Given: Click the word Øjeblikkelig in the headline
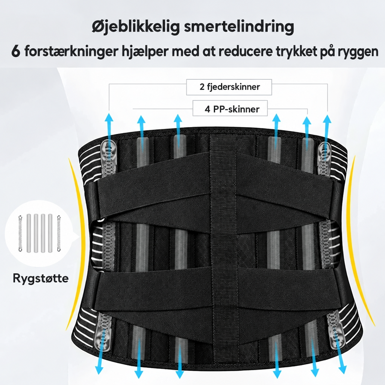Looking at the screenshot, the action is pyautogui.click(x=136, y=27).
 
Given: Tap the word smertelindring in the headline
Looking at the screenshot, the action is pyautogui.click(x=239, y=27).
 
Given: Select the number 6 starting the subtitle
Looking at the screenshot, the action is pyautogui.click(x=16, y=51).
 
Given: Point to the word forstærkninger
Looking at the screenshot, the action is pyautogui.click(x=71, y=52).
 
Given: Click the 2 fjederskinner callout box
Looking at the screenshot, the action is pyautogui.click(x=229, y=87).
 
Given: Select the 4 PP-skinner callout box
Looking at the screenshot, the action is pyautogui.click(x=230, y=108).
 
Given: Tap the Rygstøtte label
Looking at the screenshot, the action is pyautogui.click(x=41, y=279).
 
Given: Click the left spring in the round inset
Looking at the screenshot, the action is pyautogui.click(x=20, y=233).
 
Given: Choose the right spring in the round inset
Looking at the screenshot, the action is pyautogui.click(x=59, y=233).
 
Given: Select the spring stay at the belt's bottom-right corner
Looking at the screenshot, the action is pyautogui.click(x=335, y=330).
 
